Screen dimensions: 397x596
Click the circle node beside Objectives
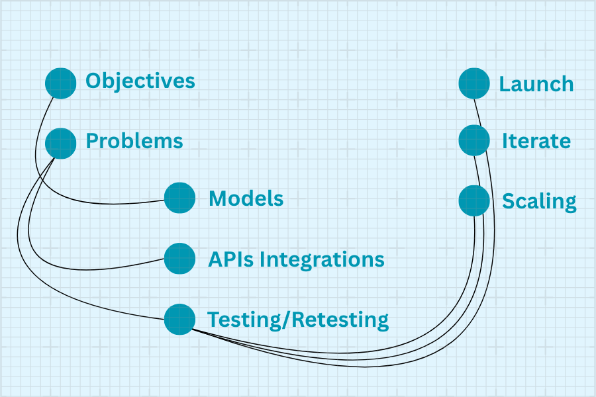61,83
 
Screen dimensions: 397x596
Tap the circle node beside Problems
61,143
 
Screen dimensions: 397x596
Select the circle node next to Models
179,198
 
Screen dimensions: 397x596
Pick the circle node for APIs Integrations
179,259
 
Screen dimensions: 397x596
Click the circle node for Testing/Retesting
179,320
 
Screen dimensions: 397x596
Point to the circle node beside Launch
474,83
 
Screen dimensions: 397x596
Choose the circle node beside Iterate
474,140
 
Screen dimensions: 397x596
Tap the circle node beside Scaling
474,200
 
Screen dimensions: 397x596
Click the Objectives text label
140,81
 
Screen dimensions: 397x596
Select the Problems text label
134,141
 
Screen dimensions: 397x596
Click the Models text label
246,198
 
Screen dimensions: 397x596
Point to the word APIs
230,259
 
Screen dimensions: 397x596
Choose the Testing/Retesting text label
298,320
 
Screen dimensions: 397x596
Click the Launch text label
536,84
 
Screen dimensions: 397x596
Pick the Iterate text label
536,141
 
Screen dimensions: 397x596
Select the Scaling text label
539,201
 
